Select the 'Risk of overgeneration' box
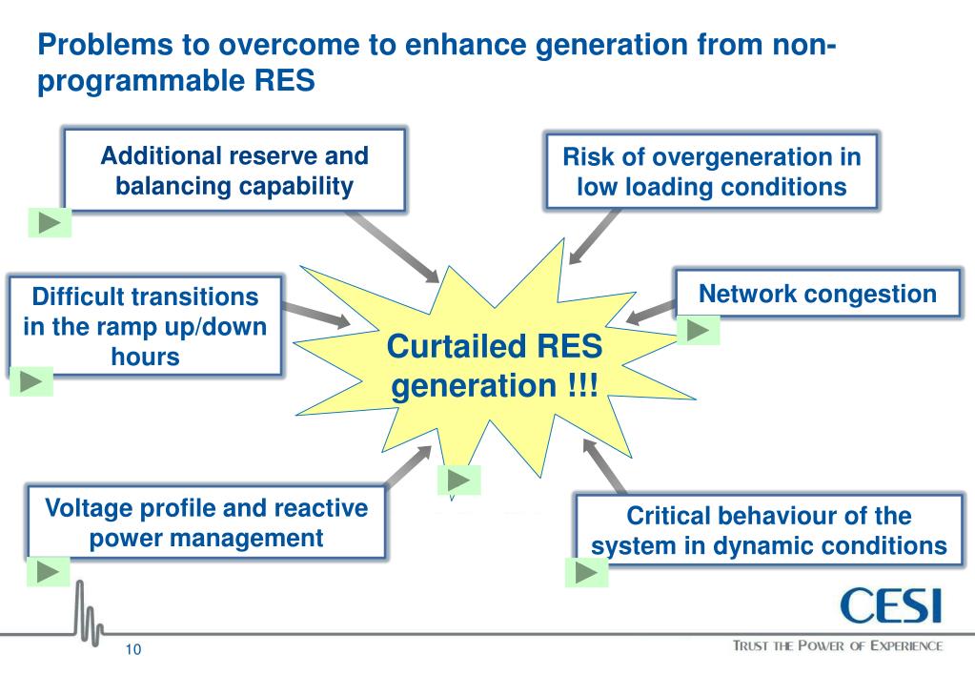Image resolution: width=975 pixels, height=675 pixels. pos(711,172)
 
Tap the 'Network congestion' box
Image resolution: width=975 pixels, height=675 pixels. pos(817,294)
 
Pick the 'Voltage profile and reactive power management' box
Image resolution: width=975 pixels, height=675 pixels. pos(206,522)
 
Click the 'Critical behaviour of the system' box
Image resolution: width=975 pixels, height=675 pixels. pos(768,530)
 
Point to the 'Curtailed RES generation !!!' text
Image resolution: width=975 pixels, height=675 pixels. pos(494,369)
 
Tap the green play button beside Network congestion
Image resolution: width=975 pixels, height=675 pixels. pos(698,330)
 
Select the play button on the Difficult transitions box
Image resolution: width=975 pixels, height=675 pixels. pos(31,381)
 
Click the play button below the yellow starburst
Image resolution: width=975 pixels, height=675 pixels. pos(458,480)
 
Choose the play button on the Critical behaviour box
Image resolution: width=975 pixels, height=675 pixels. pos(587,570)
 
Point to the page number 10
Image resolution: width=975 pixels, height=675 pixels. pos(132,650)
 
